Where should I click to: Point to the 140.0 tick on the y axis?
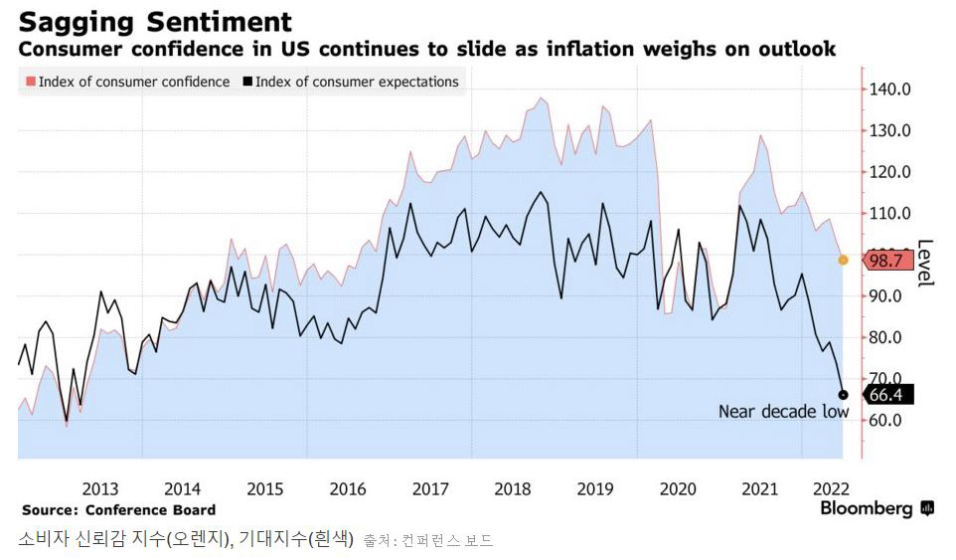click(x=890, y=89)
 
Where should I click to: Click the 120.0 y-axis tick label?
click(x=890, y=172)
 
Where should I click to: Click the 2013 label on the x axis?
click(x=100, y=488)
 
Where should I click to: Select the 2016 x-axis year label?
click(x=347, y=488)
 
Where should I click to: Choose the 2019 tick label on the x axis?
click(x=594, y=488)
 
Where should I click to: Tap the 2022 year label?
click(x=830, y=488)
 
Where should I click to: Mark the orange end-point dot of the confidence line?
click(x=843, y=260)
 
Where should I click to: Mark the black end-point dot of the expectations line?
click(x=843, y=395)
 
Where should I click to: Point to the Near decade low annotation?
click(x=783, y=412)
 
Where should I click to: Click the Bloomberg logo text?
click(x=866, y=509)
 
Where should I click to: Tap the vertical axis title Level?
click(x=924, y=264)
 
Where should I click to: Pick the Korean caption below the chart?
click(x=186, y=540)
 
